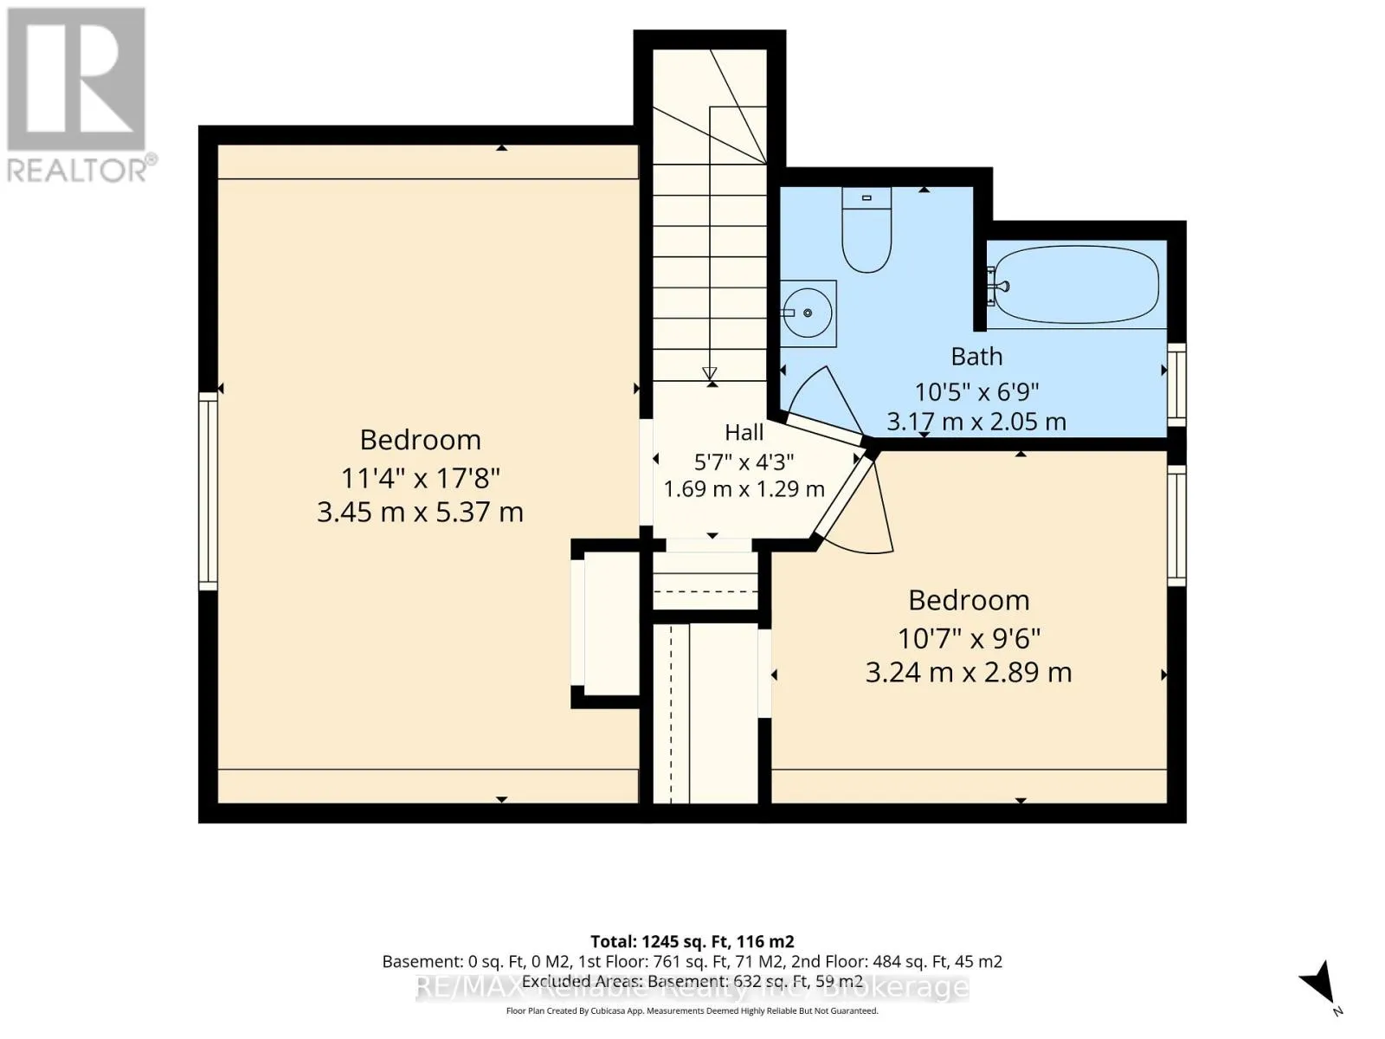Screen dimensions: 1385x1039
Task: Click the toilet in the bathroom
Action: pyautogui.click(x=866, y=229)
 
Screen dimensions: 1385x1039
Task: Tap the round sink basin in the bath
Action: pyautogui.click(x=807, y=313)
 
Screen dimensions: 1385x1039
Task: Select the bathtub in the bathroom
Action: pyautogui.click(x=1077, y=285)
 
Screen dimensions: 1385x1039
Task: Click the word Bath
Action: pyautogui.click(x=976, y=357)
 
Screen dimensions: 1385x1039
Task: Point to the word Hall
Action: pyautogui.click(x=744, y=433)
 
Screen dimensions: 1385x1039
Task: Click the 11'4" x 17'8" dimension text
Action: pyautogui.click(x=420, y=478)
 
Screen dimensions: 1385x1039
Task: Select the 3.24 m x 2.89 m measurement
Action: pyautogui.click(x=969, y=673)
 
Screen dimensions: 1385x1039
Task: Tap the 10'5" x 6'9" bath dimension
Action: pyautogui.click(x=976, y=391)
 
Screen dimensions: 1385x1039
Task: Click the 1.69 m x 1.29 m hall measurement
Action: pyautogui.click(x=744, y=489)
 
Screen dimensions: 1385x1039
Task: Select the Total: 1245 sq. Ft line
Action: pyautogui.click(x=692, y=941)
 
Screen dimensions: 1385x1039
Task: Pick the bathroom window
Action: pyautogui.click(x=1176, y=384)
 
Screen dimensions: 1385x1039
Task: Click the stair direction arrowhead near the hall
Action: pyautogui.click(x=710, y=373)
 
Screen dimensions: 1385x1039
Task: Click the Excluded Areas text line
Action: pyautogui.click(x=692, y=982)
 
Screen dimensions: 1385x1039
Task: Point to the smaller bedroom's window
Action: pyautogui.click(x=1176, y=526)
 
